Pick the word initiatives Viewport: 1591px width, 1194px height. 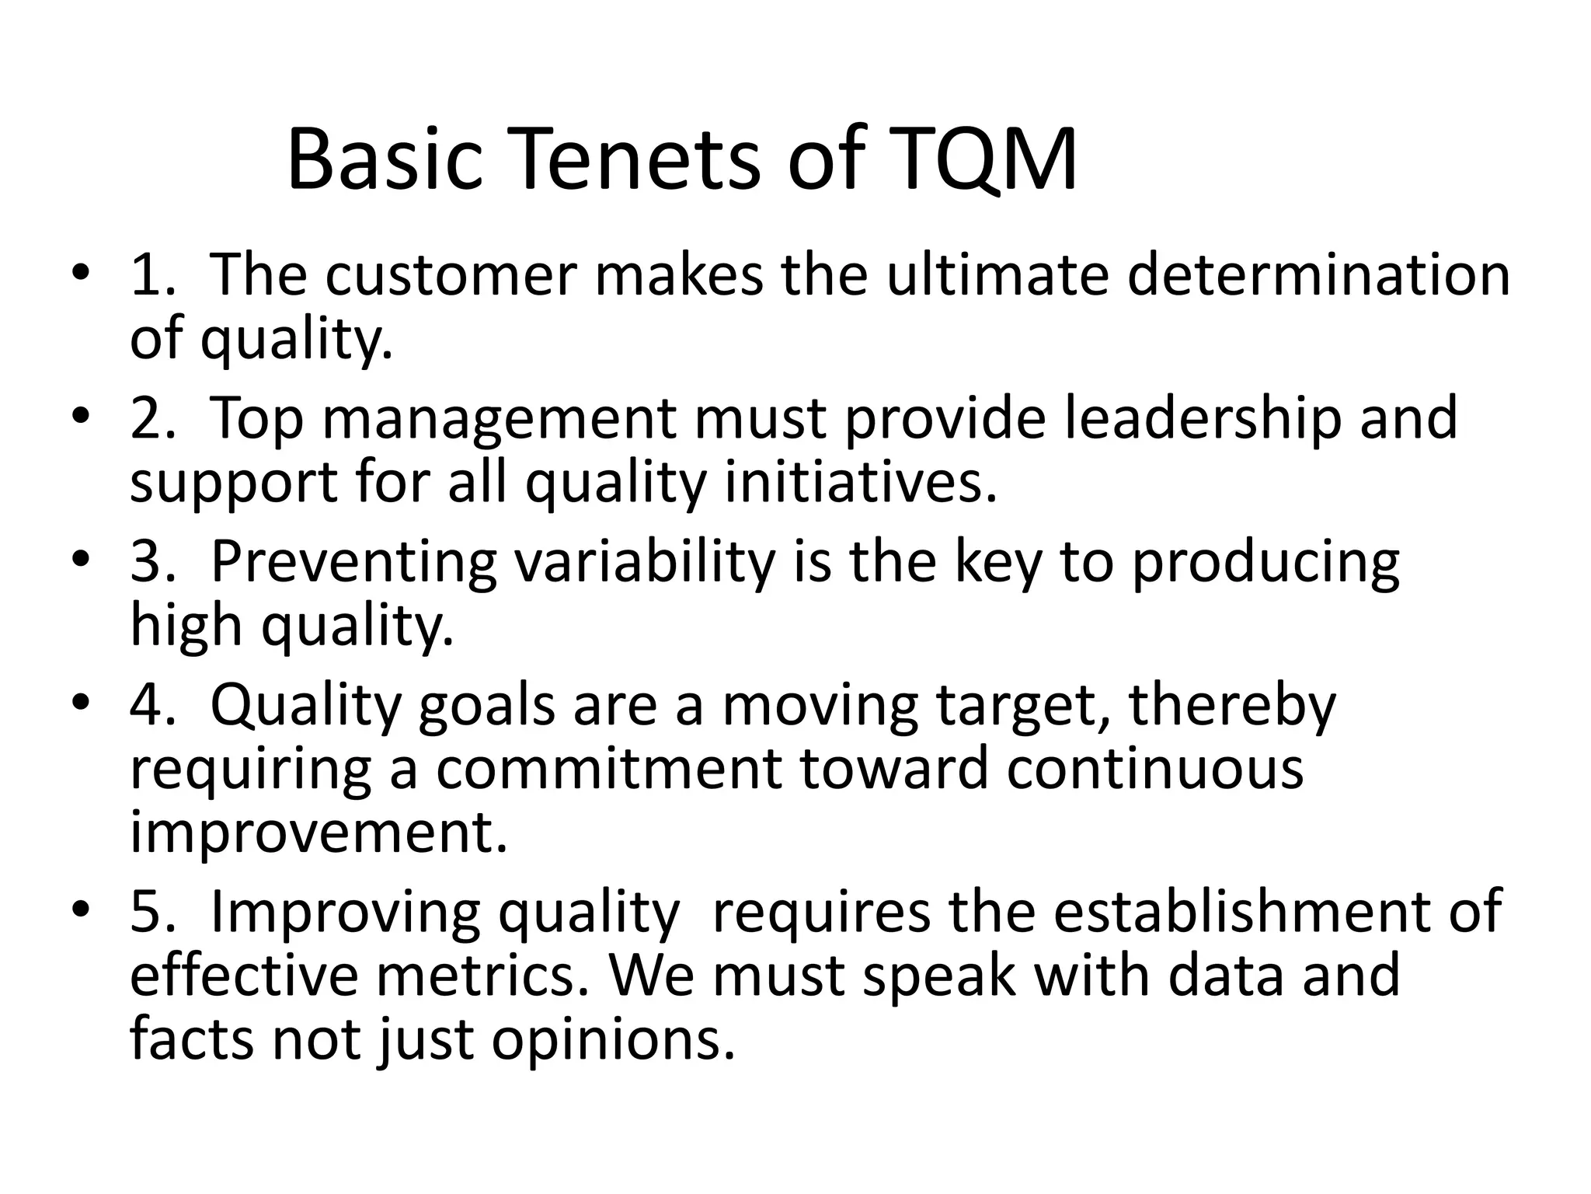[860, 482]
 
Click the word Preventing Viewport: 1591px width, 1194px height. [353, 561]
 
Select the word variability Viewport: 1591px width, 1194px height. [645, 561]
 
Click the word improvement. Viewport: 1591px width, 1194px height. [319, 832]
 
